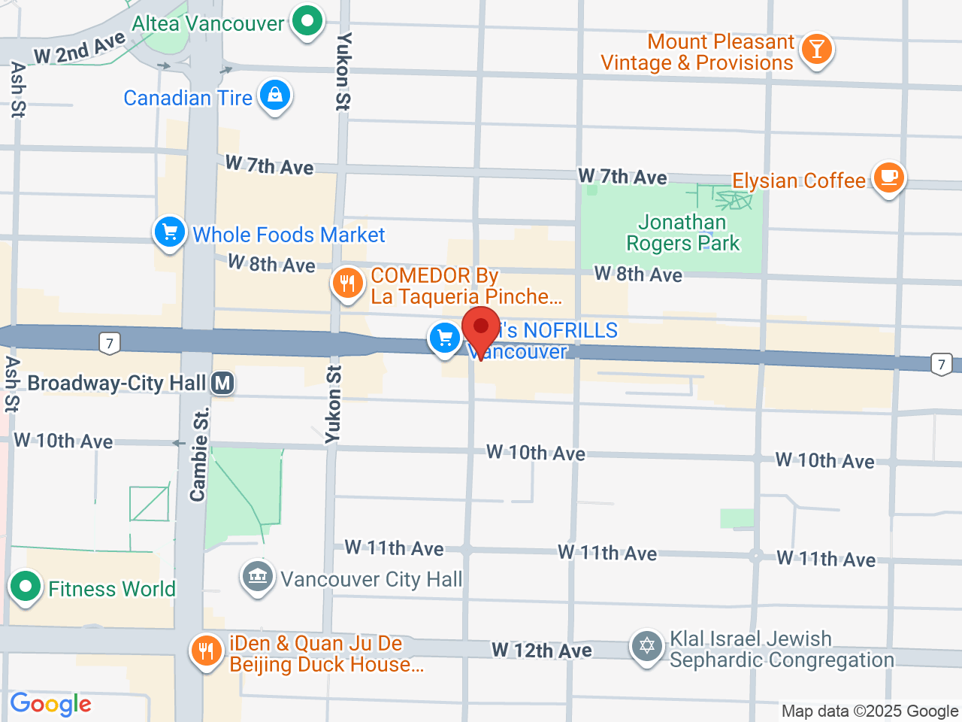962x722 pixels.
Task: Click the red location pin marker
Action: pos(481,329)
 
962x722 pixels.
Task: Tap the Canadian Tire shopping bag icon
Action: pos(275,96)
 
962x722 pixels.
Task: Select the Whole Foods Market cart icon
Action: pos(170,232)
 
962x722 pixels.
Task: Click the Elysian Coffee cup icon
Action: pos(889,178)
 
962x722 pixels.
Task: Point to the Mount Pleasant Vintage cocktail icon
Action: pos(816,50)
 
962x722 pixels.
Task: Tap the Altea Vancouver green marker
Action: pos(307,21)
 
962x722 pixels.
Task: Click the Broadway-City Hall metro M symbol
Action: pos(222,384)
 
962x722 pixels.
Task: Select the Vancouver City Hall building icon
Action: pos(257,578)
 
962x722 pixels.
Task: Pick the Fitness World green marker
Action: pos(26,587)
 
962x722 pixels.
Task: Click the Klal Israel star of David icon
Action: pos(647,647)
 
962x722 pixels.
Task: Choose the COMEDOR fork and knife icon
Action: pos(347,284)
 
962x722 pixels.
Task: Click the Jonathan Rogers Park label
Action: pos(682,233)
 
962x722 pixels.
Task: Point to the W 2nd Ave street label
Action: pos(80,49)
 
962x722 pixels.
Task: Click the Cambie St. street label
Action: pos(199,455)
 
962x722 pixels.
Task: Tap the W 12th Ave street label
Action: pos(541,651)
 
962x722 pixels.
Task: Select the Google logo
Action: pos(51,705)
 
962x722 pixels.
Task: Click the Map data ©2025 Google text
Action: pos(870,711)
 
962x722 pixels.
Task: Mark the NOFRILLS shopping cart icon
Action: pos(445,338)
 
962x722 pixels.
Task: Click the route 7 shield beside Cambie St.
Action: pos(110,344)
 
